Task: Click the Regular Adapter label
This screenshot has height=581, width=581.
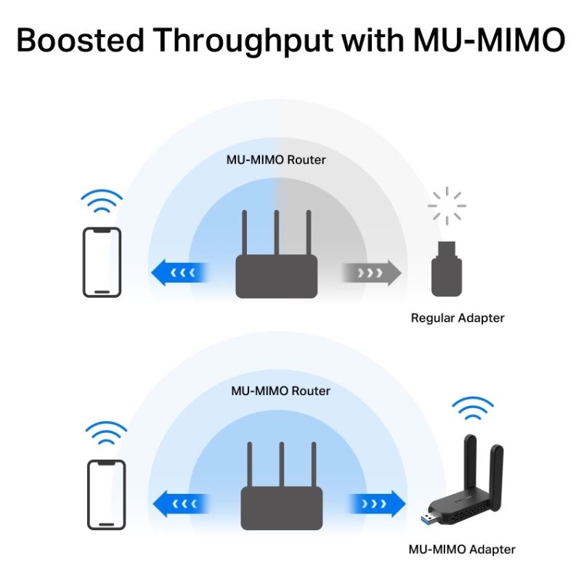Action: click(458, 318)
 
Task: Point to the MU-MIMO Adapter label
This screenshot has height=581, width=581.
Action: click(462, 549)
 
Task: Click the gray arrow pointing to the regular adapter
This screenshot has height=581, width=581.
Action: click(371, 273)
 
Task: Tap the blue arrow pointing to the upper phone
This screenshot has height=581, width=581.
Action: click(179, 273)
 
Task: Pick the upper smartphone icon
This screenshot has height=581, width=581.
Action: click(102, 261)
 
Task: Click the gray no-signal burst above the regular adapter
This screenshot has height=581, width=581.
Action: click(446, 206)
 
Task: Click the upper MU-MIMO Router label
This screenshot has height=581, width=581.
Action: click(276, 159)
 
